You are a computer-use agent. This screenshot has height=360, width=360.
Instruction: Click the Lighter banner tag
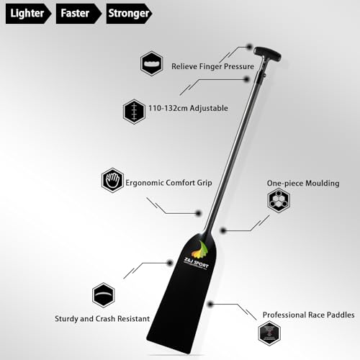(x=26, y=13)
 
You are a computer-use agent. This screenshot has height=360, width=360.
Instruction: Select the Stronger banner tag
(x=130, y=13)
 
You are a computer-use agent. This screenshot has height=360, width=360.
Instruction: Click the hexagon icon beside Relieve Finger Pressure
(x=150, y=63)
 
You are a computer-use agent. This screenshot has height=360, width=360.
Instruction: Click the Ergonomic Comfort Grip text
(x=170, y=182)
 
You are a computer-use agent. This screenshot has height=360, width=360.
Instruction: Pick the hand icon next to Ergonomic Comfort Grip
(x=113, y=180)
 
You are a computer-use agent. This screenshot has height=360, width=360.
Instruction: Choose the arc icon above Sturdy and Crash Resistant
(x=103, y=295)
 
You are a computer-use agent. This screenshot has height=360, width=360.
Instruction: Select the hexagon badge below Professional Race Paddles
(x=269, y=333)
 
